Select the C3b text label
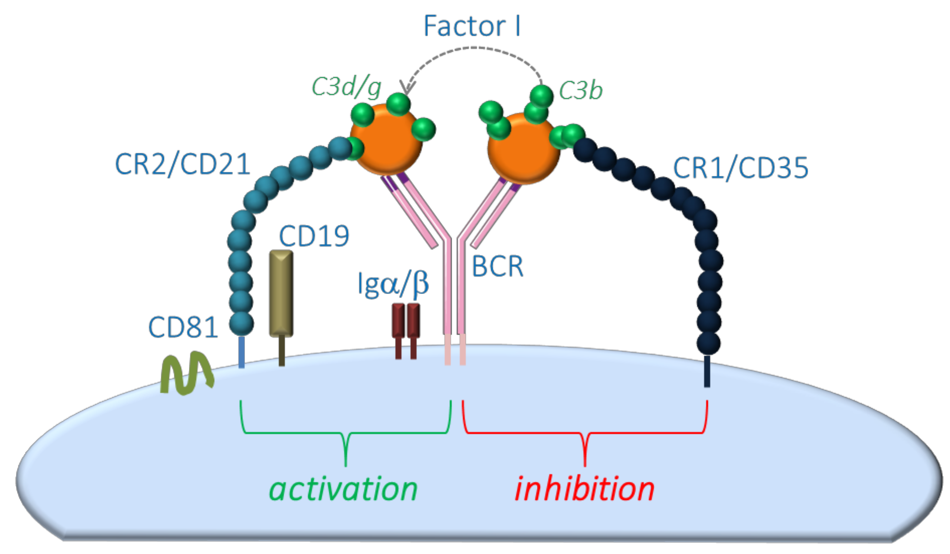pyautogui.click(x=581, y=90)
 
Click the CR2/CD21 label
pyautogui.click(x=182, y=164)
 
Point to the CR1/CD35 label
pyautogui.click(x=740, y=168)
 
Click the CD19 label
pyautogui.click(x=314, y=236)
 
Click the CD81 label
pyautogui.click(x=183, y=327)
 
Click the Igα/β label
pyautogui.click(x=393, y=283)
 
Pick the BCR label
pyautogui.click(x=498, y=267)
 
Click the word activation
pyautogui.click(x=343, y=489)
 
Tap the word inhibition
pyautogui.click(x=584, y=489)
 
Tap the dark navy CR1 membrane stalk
pyautogui.click(x=707, y=371)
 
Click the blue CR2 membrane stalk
pyautogui.click(x=242, y=352)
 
